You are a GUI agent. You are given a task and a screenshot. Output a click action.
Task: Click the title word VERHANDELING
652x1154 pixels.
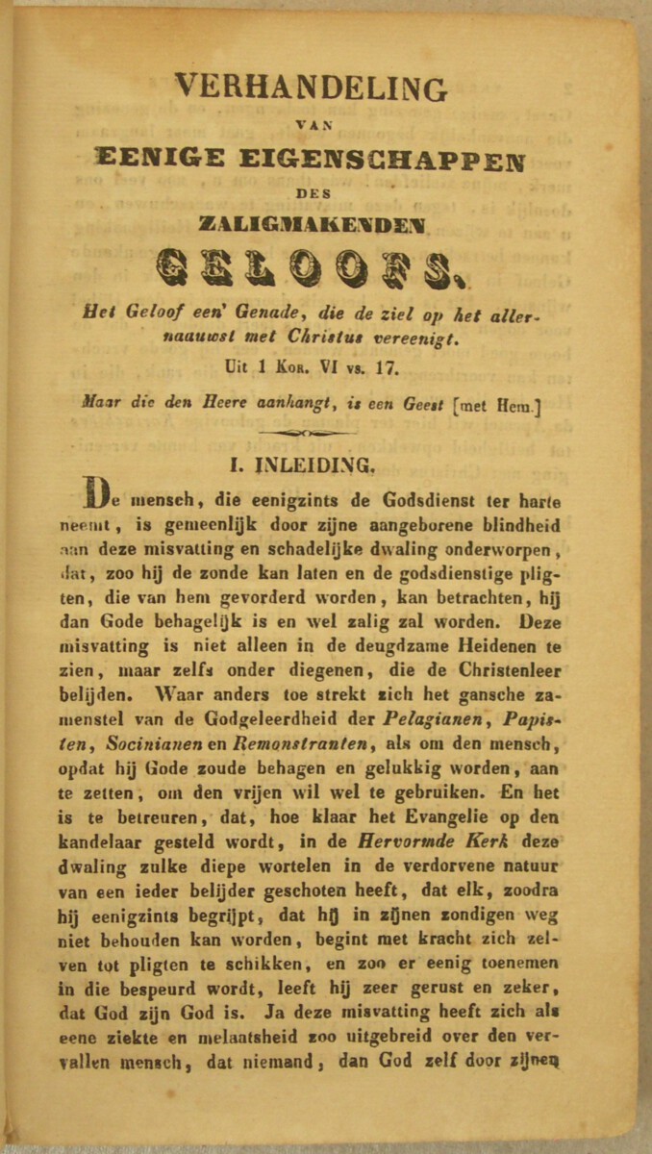(311, 88)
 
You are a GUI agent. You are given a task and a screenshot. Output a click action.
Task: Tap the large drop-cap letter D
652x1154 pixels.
(98, 491)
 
